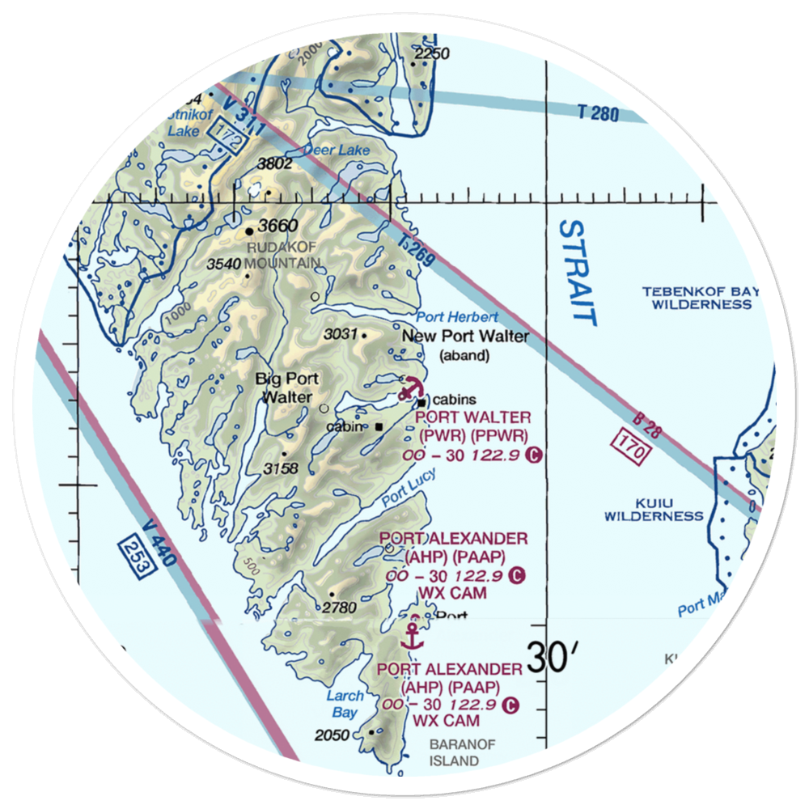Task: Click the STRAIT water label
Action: coord(578,273)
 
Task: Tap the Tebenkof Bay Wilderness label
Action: coord(697,298)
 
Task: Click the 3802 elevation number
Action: coord(274,164)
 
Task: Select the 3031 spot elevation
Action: coord(341,334)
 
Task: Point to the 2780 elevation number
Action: coord(339,607)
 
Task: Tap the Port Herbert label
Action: coord(458,318)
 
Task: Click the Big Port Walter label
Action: coord(286,388)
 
